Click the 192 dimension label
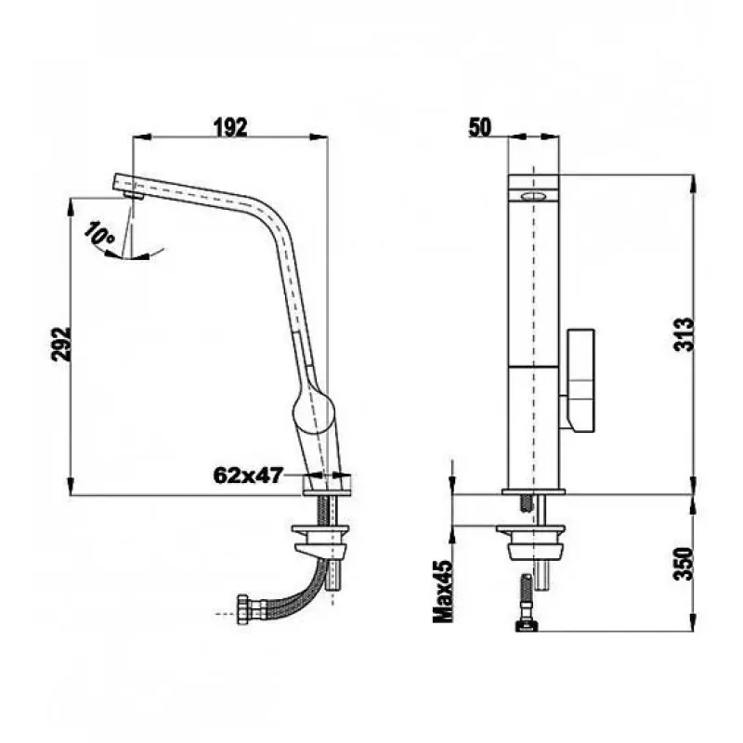click(x=230, y=127)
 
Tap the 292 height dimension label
click(x=61, y=345)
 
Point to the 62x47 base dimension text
click(x=248, y=475)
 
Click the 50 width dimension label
click(x=480, y=127)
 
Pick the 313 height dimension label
click(x=684, y=334)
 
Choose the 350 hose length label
click(x=684, y=564)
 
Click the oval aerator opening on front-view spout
click(x=533, y=196)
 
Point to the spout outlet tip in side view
click(x=134, y=195)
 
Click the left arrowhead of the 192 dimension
click(x=141, y=137)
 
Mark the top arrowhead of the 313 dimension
click(x=693, y=184)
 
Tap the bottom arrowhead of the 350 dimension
click(x=693, y=621)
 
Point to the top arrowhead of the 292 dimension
click(x=72, y=206)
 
